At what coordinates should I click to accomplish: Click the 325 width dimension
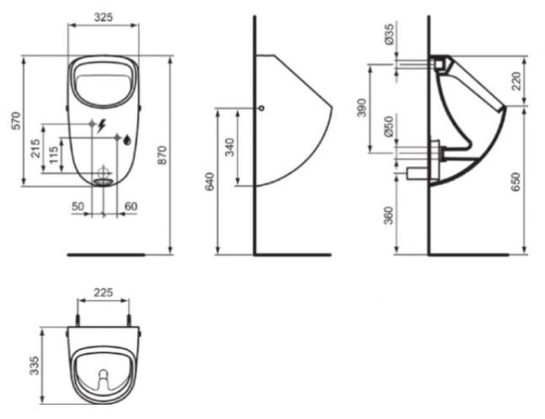pyautogui.click(x=104, y=17)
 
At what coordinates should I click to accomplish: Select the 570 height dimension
pyautogui.click(x=16, y=121)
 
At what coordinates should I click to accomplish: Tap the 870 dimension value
pyautogui.click(x=162, y=155)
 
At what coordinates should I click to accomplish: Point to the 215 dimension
pyautogui.click(x=36, y=148)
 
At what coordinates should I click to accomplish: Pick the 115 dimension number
pyautogui.click(x=53, y=155)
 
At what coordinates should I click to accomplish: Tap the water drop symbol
pyautogui.click(x=128, y=139)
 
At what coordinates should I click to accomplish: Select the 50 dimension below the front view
pyautogui.click(x=78, y=206)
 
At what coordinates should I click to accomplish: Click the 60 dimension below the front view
pyautogui.click(x=131, y=206)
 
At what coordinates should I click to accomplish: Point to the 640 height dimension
pyautogui.click(x=210, y=181)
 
